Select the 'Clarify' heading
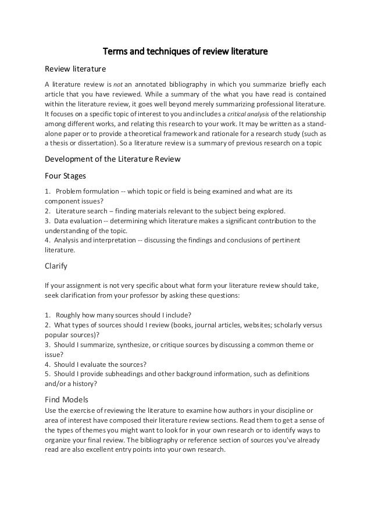point(56,267)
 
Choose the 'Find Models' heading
point(67,399)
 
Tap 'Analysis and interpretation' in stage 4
point(94,241)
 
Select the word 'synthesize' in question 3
point(130,345)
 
